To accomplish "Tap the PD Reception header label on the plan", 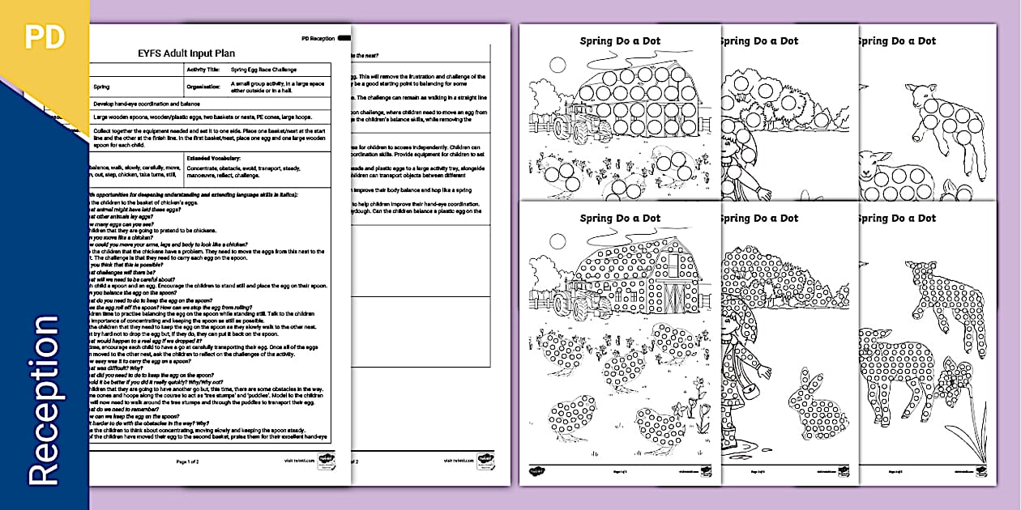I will (x=318, y=38).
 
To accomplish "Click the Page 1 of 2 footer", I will (x=193, y=461).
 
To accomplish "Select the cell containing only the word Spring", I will (x=102, y=86).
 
